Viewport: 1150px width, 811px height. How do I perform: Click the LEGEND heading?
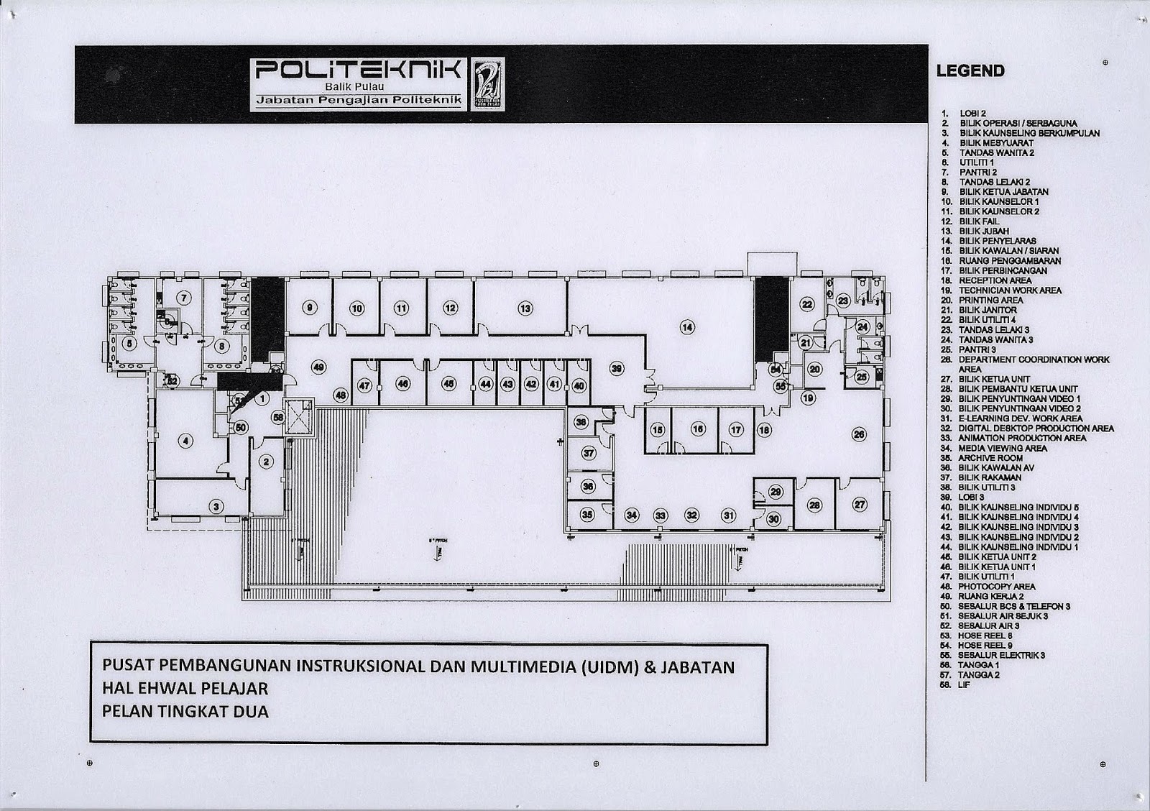pos(970,71)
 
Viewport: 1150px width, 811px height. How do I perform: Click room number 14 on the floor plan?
pos(688,327)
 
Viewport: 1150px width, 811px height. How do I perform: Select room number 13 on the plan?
pos(525,308)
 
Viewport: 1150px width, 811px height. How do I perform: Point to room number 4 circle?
pos(186,441)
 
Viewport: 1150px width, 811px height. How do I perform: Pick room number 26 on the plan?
pos(858,434)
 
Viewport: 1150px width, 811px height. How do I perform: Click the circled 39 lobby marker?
pos(616,368)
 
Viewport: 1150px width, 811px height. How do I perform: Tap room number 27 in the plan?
pos(860,504)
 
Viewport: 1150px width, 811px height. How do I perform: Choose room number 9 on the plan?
pos(310,308)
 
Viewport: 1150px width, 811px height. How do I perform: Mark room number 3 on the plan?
pos(216,506)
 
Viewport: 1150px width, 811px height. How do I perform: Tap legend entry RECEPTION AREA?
pos(995,280)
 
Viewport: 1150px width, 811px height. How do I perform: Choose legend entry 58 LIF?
pos(964,685)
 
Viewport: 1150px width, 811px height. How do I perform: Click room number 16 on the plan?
pos(697,429)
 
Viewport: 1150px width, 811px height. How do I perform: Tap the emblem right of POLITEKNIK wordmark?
pos(487,84)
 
